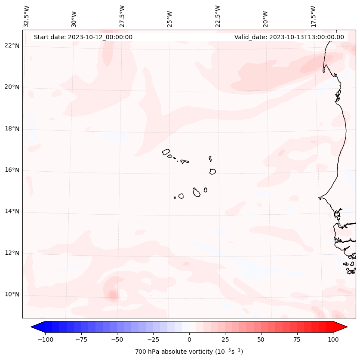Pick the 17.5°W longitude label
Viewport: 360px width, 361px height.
(314, 16)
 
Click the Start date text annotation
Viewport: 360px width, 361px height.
(83, 37)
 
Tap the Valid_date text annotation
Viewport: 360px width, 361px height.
(289, 37)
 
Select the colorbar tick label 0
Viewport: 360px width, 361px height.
(189, 339)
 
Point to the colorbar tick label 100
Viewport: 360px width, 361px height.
(333, 339)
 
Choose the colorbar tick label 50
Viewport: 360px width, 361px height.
(261, 339)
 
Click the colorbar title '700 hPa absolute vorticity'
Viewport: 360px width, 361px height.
(189, 352)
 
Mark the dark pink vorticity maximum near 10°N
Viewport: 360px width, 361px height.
(113, 295)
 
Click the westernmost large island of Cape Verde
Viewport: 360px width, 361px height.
(166, 151)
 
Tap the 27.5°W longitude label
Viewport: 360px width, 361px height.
(122, 16)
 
